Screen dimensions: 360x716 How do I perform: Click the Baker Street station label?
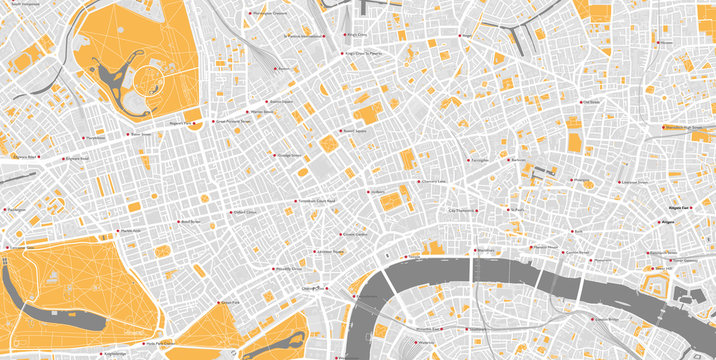click(x=139, y=134)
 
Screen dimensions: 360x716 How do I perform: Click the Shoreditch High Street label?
click(x=688, y=127)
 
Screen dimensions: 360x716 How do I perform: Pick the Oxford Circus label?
click(x=245, y=212)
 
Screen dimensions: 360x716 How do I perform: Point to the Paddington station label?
click(x=16, y=210)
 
